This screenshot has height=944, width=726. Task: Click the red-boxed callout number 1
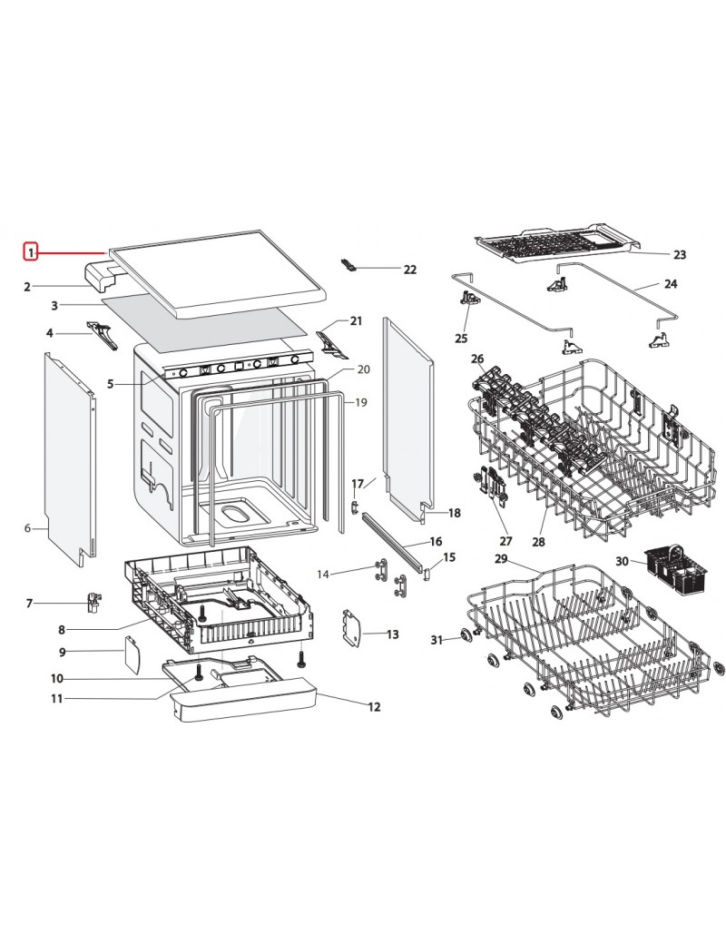pyautogui.click(x=31, y=251)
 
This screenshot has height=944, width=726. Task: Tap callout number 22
pyautogui.click(x=410, y=270)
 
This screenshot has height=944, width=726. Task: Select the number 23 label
pyautogui.click(x=680, y=254)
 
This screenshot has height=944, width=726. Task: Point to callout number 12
pyautogui.click(x=373, y=706)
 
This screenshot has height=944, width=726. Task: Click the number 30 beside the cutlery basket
pyautogui.click(x=622, y=561)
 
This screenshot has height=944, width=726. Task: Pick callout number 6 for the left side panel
pyautogui.click(x=27, y=527)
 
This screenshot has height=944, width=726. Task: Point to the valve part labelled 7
pyautogui.click(x=92, y=602)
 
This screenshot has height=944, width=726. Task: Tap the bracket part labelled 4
pyautogui.click(x=103, y=334)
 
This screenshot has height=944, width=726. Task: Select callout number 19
pyautogui.click(x=360, y=402)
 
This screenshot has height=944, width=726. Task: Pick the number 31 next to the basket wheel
pyautogui.click(x=437, y=640)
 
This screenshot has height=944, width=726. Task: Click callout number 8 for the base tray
pyautogui.click(x=61, y=629)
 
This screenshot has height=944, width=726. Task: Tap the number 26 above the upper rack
pyautogui.click(x=477, y=359)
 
